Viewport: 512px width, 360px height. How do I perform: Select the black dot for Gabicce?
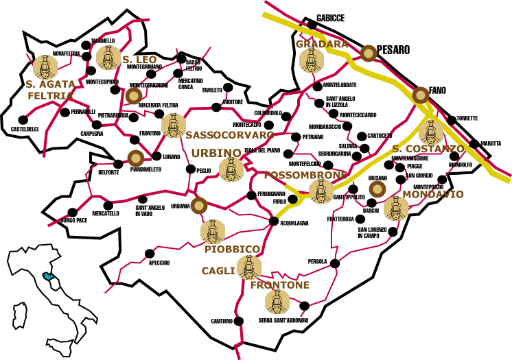(312, 25)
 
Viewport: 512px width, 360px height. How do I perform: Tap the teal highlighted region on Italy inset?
(47, 277)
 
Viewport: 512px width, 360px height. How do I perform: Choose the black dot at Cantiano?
(239, 321)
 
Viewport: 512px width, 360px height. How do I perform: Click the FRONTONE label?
(280, 285)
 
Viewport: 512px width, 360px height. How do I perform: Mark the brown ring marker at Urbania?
(199, 205)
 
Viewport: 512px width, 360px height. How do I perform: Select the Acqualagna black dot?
(274, 221)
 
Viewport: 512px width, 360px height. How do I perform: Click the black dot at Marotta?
(474, 143)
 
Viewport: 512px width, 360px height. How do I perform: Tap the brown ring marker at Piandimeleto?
(136, 159)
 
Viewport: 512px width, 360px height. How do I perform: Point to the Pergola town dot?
(336, 263)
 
